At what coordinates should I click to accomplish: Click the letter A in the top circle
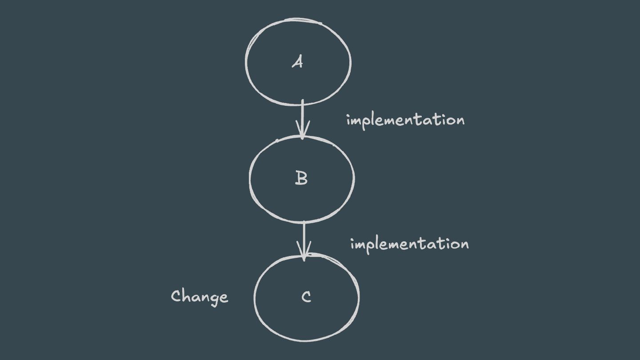pyautogui.click(x=297, y=62)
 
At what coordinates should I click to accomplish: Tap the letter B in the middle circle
pyautogui.click(x=301, y=178)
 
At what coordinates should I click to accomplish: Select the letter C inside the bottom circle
pyautogui.click(x=306, y=297)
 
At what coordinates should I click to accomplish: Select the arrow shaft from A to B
pyautogui.click(x=302, y=116)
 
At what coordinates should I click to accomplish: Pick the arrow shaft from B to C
pyautogui.click(x=304, y=236)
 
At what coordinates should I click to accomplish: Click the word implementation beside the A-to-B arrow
pyautogui.click(x=405, y=120)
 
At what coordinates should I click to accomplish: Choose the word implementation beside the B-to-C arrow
pyautogui.click(x=409, y=244)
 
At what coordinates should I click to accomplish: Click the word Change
pyautogui.click(x=200, y=297)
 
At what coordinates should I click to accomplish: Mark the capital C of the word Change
pyautogui.click(x=176, y=296)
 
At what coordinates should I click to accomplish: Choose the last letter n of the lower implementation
pyautogui.click(x=464, y=245)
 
